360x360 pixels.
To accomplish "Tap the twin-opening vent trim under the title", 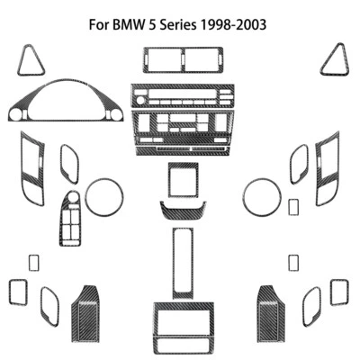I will click(x=180, y=62).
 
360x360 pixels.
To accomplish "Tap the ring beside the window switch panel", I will click(x=103, y=196).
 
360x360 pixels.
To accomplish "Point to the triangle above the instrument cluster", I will click(x=31, y=59).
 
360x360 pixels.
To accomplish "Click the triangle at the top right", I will click(x=334, y=59).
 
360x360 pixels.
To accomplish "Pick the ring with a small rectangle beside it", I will click(x=261, y=196).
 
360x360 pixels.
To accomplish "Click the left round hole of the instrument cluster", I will click(x=15, y=115).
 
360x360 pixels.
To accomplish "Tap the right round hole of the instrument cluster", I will click(x=114, y=115).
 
